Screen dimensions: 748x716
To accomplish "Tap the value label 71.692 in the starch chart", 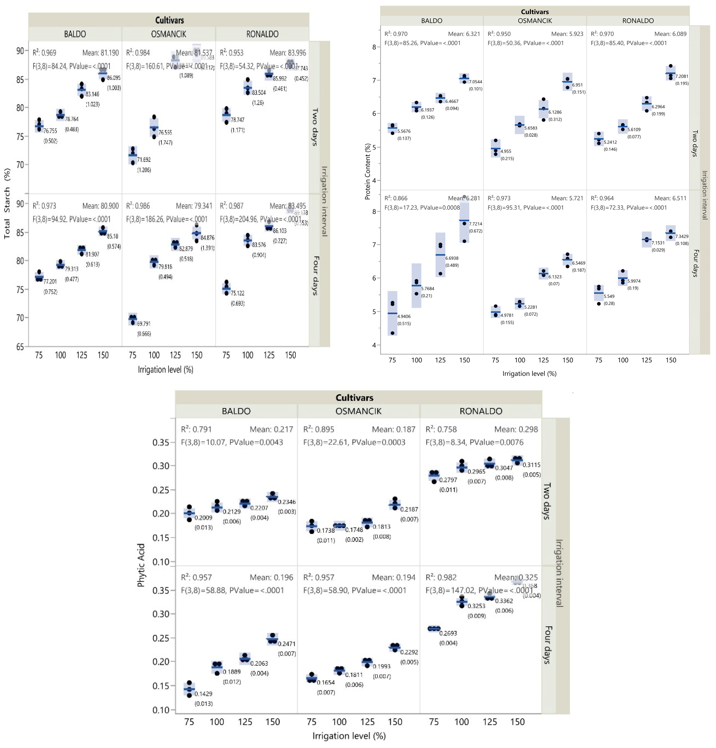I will click(x=144, y=160).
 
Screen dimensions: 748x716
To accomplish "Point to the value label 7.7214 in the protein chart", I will click(x=475, y=224).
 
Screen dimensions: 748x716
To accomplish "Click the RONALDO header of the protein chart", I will click(x=638, y=21).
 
